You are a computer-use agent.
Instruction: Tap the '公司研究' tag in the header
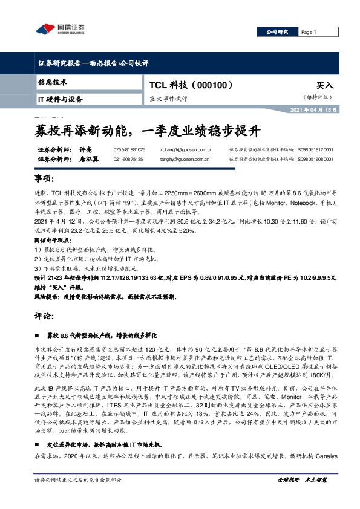pos(277,32)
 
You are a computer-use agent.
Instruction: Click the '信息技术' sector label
pos(52,81)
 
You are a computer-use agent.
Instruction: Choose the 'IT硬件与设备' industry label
pos(60,99)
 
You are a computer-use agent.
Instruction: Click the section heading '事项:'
pos(45,180)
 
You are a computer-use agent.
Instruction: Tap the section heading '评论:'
pos(45,316)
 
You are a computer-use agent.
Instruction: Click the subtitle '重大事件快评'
pos(169,99)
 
